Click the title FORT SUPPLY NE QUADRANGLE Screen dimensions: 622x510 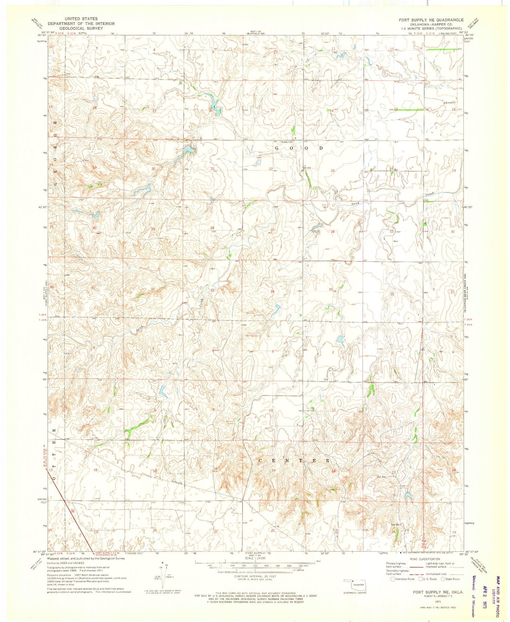tap(431, 20)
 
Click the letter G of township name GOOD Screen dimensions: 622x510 tap(277, 148)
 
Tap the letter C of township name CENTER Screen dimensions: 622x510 tap(261, 461)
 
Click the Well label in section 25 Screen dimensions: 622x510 tap(395, 241)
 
